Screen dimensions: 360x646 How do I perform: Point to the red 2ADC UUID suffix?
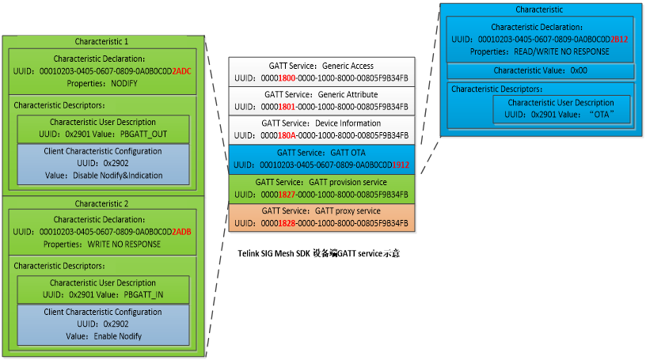click(x=183, y=71)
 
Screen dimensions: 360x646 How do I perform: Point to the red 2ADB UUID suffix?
click(x=183, y=233)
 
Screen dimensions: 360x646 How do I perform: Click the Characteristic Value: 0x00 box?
click(x=540, y=71)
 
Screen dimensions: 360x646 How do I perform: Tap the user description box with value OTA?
click(x=561, y=108)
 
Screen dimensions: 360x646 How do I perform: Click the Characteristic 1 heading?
click(x=102, y=40)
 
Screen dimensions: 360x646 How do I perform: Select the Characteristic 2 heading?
click(x=102, y=203)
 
